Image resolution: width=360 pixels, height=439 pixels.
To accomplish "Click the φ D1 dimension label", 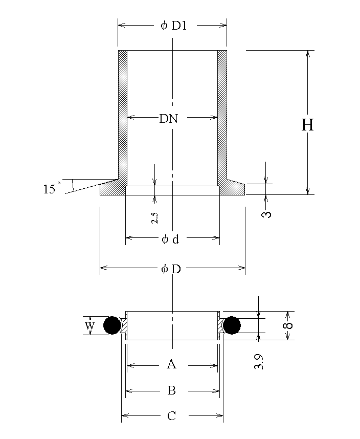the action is (173, 26).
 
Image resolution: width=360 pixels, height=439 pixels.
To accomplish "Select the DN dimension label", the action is (168, 119).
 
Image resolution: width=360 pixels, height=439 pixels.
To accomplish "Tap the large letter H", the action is (307, 125).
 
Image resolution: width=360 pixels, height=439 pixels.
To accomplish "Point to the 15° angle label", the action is (52, 188).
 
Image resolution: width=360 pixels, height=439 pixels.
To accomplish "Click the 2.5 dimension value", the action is (154, 218).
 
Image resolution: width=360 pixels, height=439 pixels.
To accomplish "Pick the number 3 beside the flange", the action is (266, 214).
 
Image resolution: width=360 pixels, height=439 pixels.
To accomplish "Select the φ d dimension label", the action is (170, 239).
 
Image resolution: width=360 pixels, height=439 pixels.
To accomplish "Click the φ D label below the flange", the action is (171, 269).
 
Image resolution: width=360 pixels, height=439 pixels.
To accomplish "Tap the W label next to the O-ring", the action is (89, 326).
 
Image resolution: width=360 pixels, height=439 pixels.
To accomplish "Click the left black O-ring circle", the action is (112, 325).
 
